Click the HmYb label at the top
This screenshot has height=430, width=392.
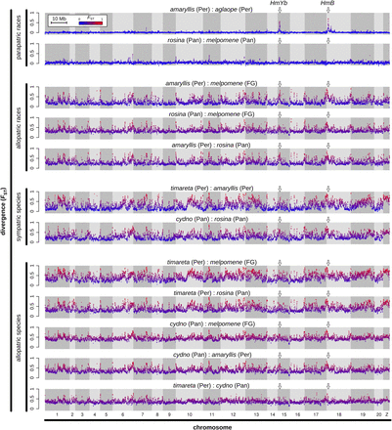click(280, 5)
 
